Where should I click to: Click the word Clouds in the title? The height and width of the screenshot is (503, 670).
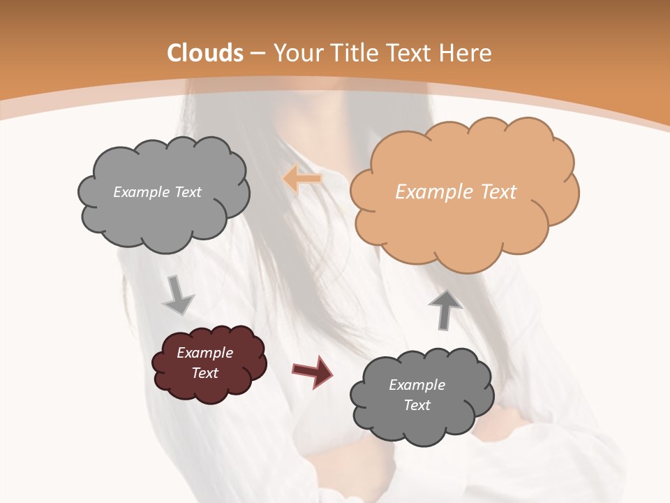click(206, 53)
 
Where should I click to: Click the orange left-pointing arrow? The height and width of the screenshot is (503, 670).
click(302, 179)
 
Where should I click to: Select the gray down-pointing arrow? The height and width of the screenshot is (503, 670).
click(178, 295)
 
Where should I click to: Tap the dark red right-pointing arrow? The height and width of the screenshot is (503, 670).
click(312, 372)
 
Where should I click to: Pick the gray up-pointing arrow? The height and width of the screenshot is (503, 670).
click(445, 309)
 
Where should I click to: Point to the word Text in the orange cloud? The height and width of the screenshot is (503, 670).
click(498, 192)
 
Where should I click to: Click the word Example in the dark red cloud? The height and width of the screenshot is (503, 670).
click(204, 353)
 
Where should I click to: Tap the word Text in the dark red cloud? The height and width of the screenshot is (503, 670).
click(204, 373)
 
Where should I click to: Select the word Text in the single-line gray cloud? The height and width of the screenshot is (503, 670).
click(186, 192)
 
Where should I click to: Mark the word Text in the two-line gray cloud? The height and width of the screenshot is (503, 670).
click(417, 405)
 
